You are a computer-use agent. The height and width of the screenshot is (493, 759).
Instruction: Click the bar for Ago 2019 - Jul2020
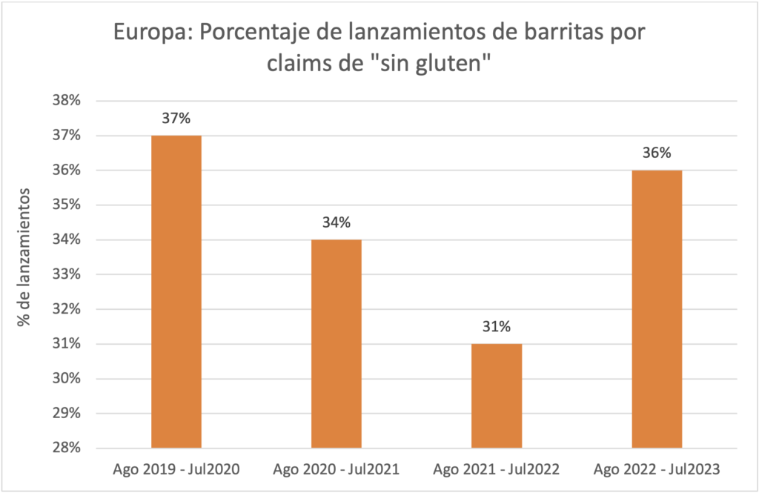176,292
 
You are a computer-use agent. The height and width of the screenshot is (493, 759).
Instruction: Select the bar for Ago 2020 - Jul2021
337,344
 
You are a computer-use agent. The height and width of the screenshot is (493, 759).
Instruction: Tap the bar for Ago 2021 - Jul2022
497,396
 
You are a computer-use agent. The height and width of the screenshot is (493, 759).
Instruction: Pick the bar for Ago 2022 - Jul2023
657,309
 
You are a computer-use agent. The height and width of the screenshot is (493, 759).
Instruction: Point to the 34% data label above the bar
337,223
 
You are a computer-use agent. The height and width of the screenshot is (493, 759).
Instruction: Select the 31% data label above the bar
497,327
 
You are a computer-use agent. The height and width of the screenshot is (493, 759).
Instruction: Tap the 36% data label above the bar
657,153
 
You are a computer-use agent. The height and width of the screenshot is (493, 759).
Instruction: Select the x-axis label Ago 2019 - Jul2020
176,469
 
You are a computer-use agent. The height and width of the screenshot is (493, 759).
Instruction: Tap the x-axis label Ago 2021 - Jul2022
497,469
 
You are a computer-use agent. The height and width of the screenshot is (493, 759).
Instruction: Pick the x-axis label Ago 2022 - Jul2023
657,469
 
